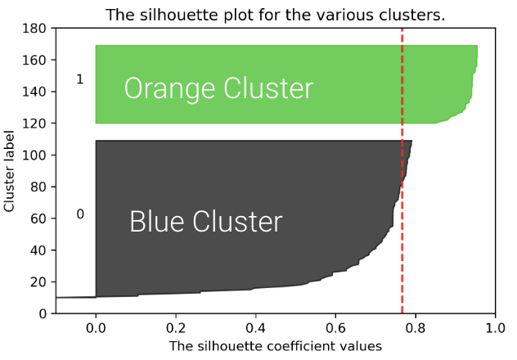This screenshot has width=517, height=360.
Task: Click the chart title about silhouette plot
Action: pos(275,16)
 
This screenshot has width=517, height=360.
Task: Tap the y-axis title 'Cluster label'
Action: pos(10,171)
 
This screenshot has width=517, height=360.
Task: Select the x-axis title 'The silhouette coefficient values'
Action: pos(275,346)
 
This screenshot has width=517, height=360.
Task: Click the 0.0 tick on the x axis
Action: pos(96,327)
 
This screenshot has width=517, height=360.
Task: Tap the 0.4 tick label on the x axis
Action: pos(255,327)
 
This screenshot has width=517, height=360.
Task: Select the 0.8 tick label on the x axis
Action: pos(416,327)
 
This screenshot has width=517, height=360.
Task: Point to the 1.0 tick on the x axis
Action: pos(495,327)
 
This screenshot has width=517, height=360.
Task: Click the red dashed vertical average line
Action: pos(402,205)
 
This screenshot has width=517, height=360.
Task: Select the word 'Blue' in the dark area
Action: pos(157,222)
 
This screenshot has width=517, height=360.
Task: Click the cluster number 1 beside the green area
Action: pos(79,79)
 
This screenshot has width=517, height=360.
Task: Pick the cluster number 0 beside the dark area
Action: pos(79,214)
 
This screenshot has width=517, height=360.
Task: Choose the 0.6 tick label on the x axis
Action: pos(335,327)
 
